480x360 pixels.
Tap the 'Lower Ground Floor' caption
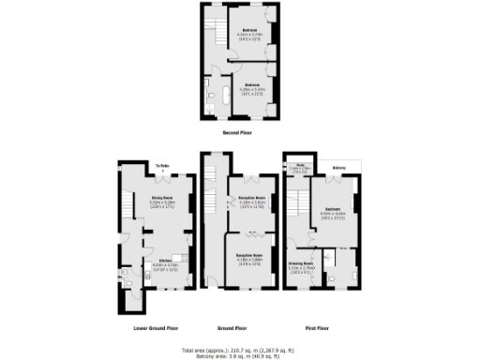[151, 328]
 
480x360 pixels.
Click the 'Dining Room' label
[164, 198]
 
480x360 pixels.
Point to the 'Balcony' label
[339, 168]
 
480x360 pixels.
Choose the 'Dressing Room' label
[300, 263]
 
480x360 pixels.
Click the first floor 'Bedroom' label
[333, 208]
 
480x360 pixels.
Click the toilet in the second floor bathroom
[214, 108]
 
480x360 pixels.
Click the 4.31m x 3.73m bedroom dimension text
[247, 35]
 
